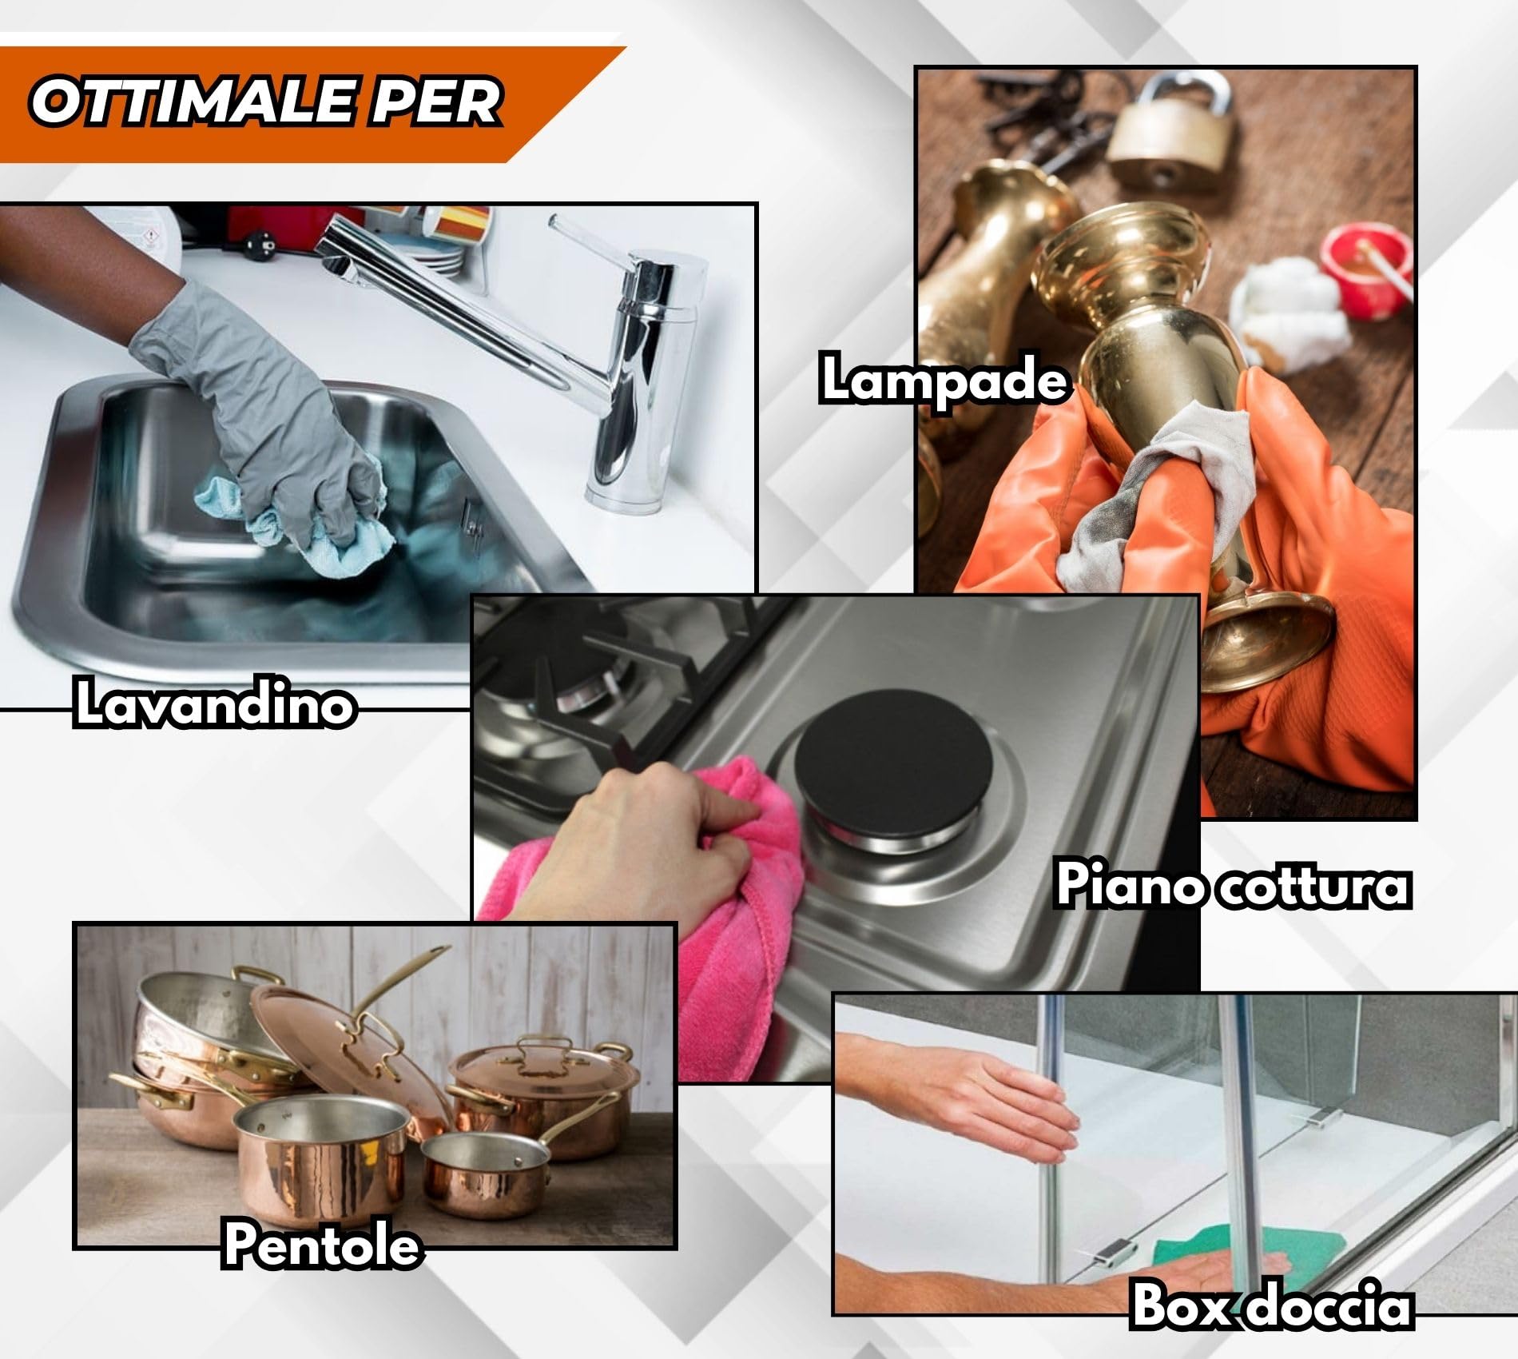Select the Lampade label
coord(944,381)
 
